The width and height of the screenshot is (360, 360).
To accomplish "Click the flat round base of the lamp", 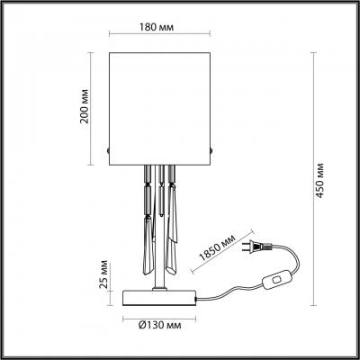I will (x=159, y=296).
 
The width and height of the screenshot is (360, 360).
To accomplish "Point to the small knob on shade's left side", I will (x=109, y=149).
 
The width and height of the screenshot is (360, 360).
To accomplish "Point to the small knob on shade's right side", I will (x=211, y=149).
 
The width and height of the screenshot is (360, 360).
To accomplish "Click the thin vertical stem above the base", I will (x=159, y=270).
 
